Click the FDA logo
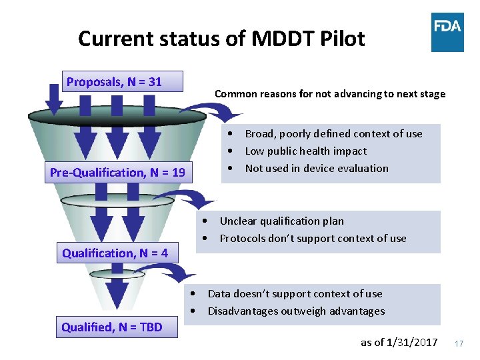tap(447, 32)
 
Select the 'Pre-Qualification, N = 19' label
tap(117, 173)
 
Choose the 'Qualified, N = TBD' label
tap(112, 327)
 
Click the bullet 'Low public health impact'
tap(305, 151)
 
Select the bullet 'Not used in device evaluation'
tap(317, 168)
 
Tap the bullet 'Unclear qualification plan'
tap(281, 221)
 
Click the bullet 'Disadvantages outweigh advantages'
tap(296, 311)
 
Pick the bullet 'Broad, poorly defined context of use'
tap(333, 133)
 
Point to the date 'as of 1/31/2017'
tap(399, 342)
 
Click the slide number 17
tap(459, 343)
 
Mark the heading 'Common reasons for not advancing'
tap(330, 94)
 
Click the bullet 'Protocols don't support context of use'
tap(313, 238)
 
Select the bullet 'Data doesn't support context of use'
tap(295, 293)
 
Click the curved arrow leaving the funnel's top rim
tap(200, 110)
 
